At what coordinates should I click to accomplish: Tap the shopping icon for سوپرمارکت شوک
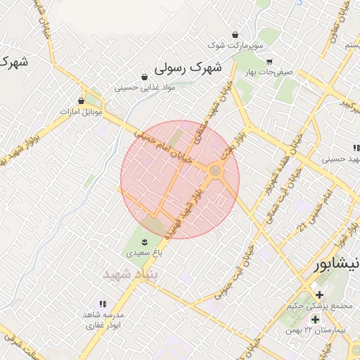(235, 34)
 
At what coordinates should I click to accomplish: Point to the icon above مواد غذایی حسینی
(144, 77)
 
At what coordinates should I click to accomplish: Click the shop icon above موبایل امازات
(82, 101)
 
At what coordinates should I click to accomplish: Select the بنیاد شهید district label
(131, 274)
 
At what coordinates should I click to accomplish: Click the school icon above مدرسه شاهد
(103, 304)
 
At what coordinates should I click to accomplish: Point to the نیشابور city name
(336, 264)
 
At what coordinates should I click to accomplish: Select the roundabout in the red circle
(215, 170)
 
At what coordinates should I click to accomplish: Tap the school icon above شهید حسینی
(356, 148)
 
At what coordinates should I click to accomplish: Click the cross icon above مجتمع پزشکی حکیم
(319, 294)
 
